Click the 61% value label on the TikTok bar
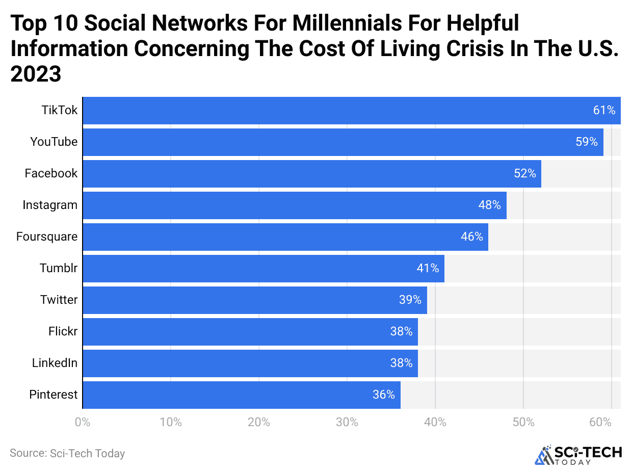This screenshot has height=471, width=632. pos(604,110)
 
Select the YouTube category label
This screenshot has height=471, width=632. pos(54,142)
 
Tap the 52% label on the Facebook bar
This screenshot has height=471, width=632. pos(525,173)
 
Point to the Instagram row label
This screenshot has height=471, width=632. pos(50,205)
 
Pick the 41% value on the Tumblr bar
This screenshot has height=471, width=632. pos(428,268)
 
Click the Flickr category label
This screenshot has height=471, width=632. pos(63,331)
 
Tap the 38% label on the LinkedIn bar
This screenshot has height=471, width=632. pos(401,363)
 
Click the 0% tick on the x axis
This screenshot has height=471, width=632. pos(82,423)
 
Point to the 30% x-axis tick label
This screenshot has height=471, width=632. pos(347,423)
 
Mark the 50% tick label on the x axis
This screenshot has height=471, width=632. pos(523,423)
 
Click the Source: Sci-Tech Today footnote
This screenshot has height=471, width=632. pos(67,453)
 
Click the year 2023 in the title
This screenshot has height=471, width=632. pos(36,74)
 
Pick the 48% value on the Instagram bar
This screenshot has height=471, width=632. pos(490,205)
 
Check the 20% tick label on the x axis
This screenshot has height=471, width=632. pos(258,423)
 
